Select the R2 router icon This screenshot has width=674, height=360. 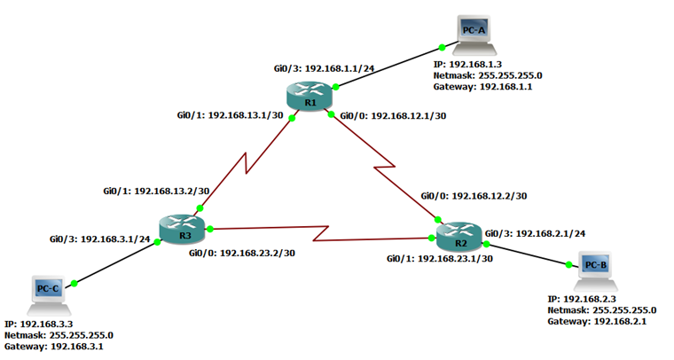click(x=459, y=237)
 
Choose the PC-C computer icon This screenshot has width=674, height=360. click(x=47, y=293)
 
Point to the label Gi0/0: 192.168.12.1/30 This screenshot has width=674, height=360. click(x=394, y=115)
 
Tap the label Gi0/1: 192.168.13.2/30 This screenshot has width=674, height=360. click(x=156, y=191)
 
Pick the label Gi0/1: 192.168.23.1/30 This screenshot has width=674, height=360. click(x=441, y=259)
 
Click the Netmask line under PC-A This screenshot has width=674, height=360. click(x=487, y=76)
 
